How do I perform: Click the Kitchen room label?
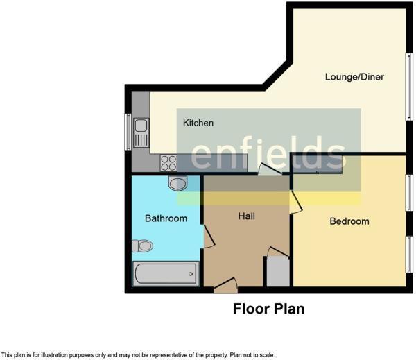[x=198, y=123]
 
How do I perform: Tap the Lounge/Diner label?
[x=354, y=76]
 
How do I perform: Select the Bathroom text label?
[x=166, y=218]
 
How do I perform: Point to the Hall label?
[x=246, y=216]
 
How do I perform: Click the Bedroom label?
[x=349, y=221]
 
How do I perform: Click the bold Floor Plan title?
[x=268, y=309]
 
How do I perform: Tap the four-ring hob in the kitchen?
[x=168, y=162]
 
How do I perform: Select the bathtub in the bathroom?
[x=165, y=274]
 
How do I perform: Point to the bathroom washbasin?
[x=177, y=184]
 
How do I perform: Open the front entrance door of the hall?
[x=225, y=284]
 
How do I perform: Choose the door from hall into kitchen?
[x=266, y=169]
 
